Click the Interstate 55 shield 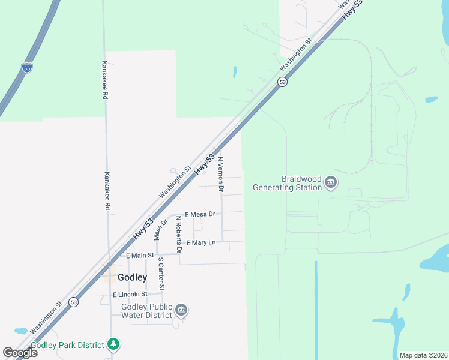[27, 68]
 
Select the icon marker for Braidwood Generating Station [330, 182]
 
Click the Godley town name [132, 277]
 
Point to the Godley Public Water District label [146, 310]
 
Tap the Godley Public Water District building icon [181, 310]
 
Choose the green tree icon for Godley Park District [113, 344]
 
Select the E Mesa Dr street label [200, 214]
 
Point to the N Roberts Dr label [178, 234]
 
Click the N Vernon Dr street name [221, 175]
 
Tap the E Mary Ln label [200, 242]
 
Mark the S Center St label [161, 274]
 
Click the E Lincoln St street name [130, 295]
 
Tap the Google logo [20, 353]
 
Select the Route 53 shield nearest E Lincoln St [73, 301]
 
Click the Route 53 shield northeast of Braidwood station [282, 82]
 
